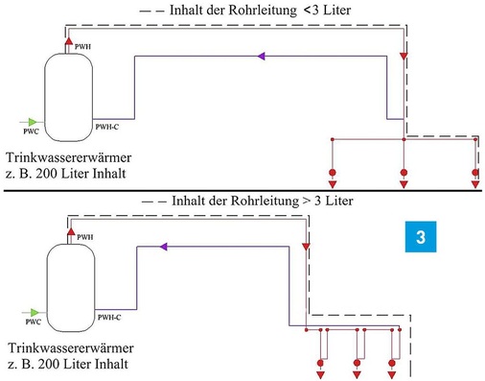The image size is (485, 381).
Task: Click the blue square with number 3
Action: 419,236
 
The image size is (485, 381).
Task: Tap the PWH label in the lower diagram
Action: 86,235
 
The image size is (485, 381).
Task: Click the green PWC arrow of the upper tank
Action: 34,121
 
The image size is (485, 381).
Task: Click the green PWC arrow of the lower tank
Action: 34,310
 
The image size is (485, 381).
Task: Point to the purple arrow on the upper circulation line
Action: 259,57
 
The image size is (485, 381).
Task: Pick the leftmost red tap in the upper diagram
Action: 333,175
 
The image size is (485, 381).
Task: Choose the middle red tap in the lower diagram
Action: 357,364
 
